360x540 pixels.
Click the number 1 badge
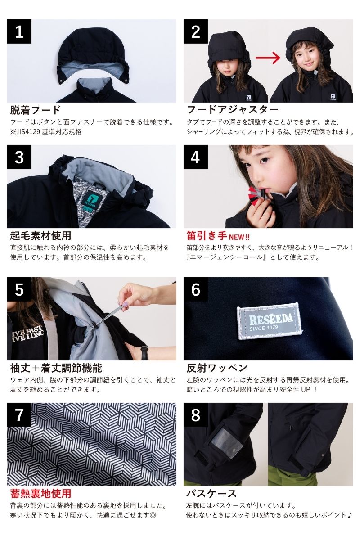(x=19, y=31)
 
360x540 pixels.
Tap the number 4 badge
(x=196, y=157)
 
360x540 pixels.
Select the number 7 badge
(x=19, y=415)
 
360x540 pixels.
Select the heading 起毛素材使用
(x=40, y=235)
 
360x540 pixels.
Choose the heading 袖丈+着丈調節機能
(x=56, y=368)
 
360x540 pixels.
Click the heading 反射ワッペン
(x=217, y=368)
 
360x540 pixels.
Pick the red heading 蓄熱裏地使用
(x=40, y=493)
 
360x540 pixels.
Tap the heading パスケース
(x=211, y=493)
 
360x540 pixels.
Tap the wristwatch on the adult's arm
(x=144, y=352)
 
